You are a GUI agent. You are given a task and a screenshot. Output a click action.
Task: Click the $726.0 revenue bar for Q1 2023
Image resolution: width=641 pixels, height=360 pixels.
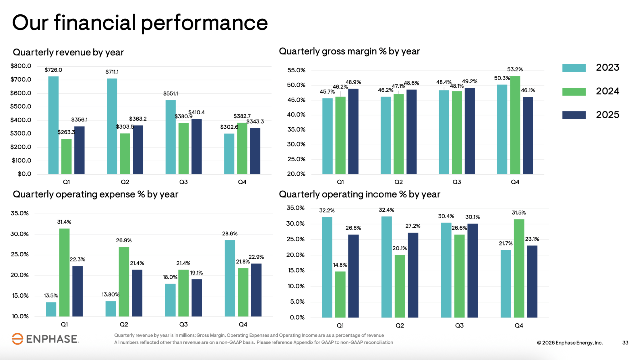pyautogui.click(x=54, y=125)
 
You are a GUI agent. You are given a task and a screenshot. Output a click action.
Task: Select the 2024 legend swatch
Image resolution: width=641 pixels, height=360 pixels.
pyautogui.click(x=574, y=91)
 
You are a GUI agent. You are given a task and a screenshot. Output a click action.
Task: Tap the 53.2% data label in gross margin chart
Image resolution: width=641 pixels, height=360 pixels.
pyautogui.click(x=515, y=69)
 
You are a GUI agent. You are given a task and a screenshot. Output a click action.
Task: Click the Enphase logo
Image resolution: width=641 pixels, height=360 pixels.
pyautogui.click(x=45, y=339)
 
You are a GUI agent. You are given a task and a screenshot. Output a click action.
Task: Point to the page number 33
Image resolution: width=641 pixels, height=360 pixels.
pyautogui.click(x=625, y=342)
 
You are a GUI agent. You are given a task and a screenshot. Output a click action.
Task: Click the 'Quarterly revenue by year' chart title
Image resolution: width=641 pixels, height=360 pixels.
pyautogui.click(x=68, y=52)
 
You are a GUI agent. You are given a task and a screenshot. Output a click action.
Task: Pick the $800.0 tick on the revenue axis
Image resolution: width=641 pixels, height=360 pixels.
pyautogui.click(x=21, y=66)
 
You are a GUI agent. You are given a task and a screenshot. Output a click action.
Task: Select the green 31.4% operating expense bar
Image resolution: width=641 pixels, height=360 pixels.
pyautogui.click(x=64, y=272)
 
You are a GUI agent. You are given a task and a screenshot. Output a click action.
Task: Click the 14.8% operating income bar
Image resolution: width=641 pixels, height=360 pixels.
pyautogui.click(x=340, y=294)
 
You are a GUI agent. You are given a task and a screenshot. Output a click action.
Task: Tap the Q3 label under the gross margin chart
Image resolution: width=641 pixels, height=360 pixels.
pyautogui.click(x=457, y=182)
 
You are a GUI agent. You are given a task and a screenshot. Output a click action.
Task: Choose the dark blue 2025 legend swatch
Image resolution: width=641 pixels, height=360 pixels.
pyautogui.click(x=574, y=115)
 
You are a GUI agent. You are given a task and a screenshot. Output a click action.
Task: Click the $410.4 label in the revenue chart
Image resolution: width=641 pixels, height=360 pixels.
pyautogui.click(x=197, y=112)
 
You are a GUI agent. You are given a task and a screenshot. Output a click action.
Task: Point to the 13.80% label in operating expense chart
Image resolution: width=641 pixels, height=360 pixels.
pyautogui.click(x=110, y=294)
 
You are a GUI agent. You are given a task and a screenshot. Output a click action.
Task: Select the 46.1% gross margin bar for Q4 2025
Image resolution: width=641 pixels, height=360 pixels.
pyautogui.click(x=528, y=136)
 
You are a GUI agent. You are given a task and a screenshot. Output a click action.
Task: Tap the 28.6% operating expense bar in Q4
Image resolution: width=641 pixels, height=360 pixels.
pyautogui.click(x=230, y=278)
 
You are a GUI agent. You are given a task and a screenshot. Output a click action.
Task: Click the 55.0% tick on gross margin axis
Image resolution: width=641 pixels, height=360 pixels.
pyautogui.click(x=296, y=70)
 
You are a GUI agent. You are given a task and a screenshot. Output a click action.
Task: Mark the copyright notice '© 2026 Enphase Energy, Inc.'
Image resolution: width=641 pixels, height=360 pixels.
pyautogui.click(x=570, y=342)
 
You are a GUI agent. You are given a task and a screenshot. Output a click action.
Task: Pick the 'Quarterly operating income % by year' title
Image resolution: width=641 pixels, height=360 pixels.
pyautogui.click(x=359, y=194)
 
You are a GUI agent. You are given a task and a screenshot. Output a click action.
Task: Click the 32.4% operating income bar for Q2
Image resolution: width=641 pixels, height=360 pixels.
pyautogui.click(x=387, y=267)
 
